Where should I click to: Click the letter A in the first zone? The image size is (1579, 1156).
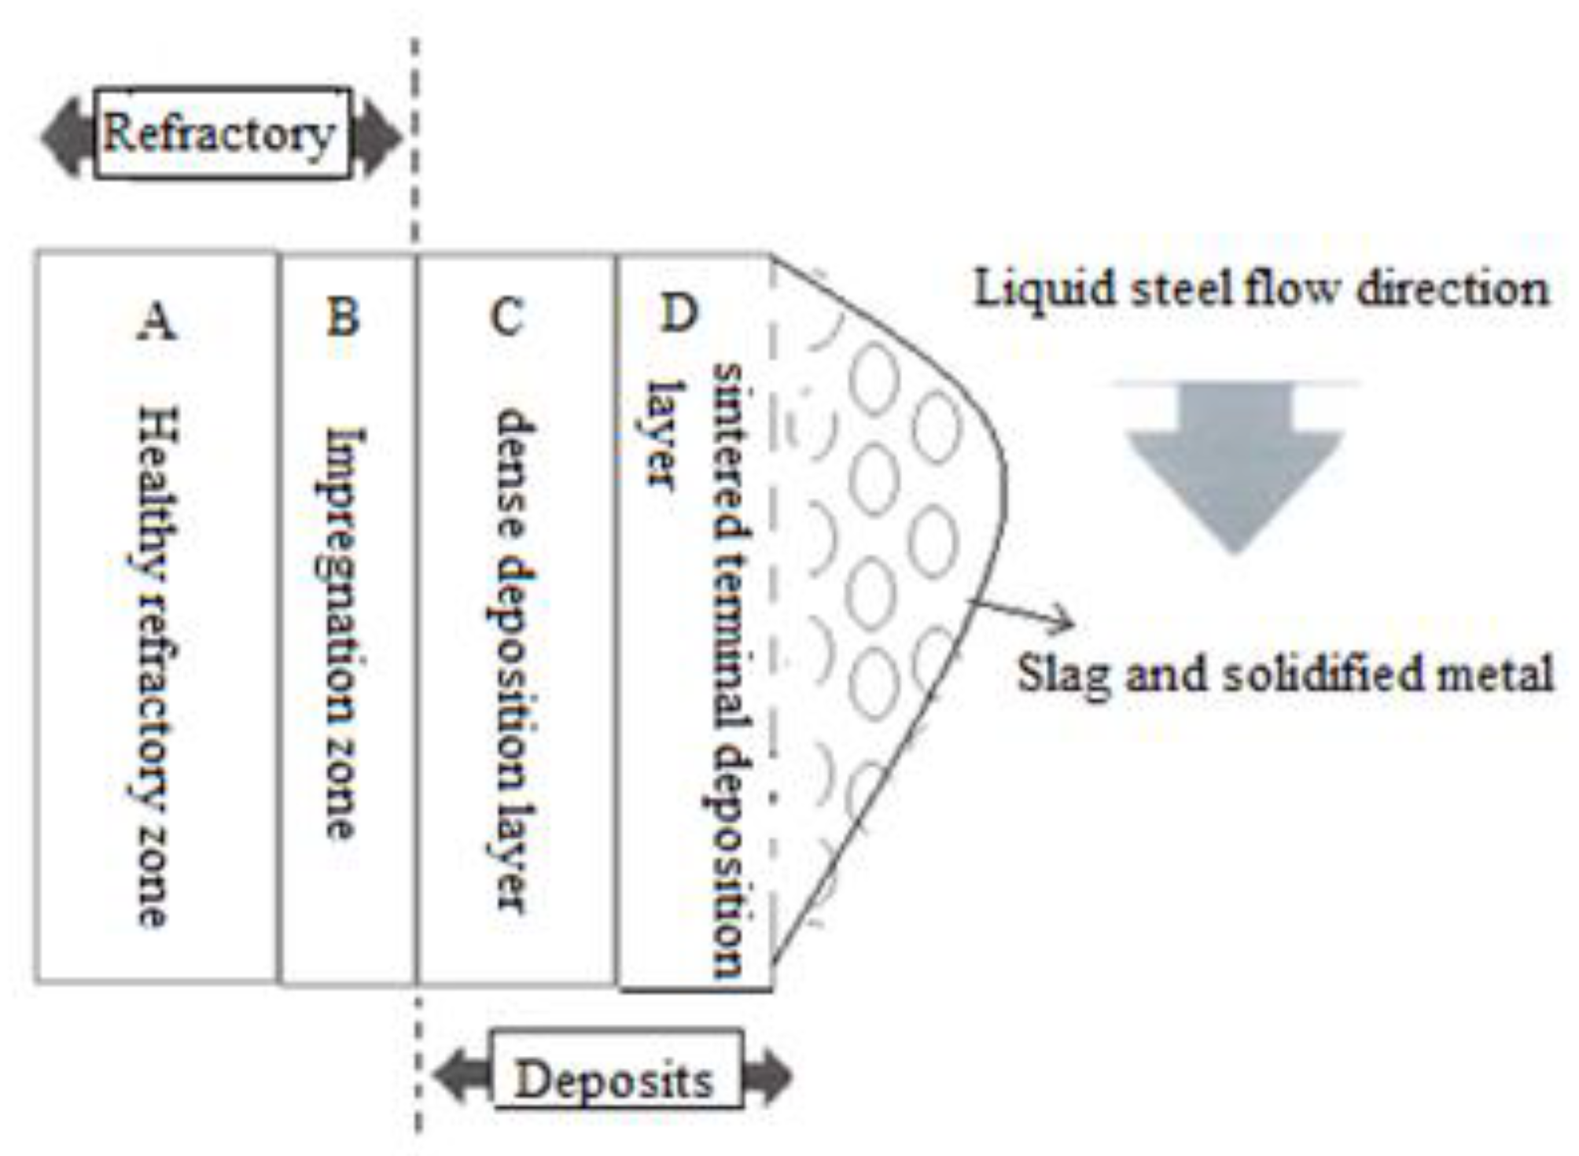156,321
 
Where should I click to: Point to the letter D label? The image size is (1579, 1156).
679,312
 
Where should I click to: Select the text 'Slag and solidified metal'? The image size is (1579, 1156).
1285,674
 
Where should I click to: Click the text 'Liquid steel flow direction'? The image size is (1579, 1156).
1261,288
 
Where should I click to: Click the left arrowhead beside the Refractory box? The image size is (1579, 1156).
67,137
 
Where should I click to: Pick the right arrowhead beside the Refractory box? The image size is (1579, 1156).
378,137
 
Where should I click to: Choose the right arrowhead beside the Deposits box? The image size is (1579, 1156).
767,1077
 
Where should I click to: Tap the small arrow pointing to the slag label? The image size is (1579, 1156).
1022,614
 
